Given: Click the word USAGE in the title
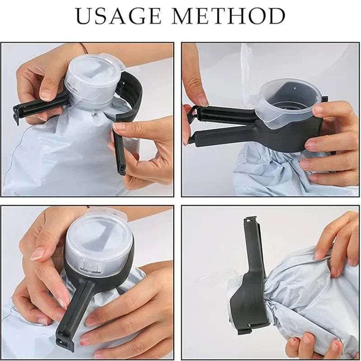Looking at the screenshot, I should click(x=119, y=16).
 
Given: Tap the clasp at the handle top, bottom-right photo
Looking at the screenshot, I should click(x=250, y=224).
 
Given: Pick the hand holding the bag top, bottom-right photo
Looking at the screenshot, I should click(x=336, y=244).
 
